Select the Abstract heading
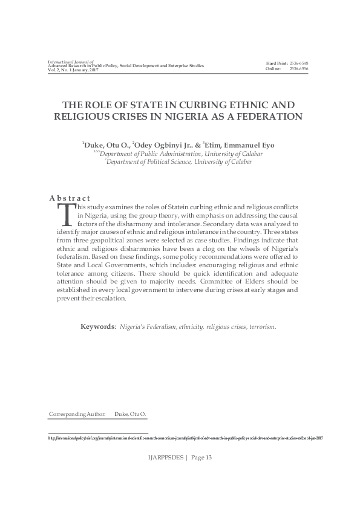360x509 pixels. tap(70, 198)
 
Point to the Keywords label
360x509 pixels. tap(98, 326)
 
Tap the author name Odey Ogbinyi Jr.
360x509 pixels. tap(173, 144)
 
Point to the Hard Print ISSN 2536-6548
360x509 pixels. tap(299, 63)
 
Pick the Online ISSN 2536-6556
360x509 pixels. tap(299, 69)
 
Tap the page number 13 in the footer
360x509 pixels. tap(208, 457)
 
